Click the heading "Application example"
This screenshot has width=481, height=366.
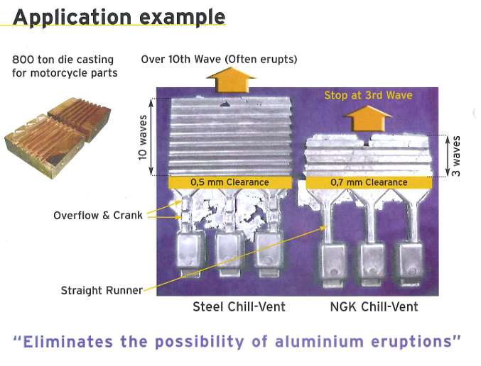click(x=119, y=18)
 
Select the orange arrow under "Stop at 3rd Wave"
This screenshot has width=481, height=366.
click(x=367, y=118)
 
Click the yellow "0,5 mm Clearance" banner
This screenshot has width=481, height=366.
click(x=229, y=182)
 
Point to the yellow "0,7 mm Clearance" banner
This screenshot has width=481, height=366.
click(x=369, y=182)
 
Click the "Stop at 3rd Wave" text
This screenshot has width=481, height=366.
click(x=368, y=95)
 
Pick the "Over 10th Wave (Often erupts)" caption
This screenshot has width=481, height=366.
click(x=219, y=59)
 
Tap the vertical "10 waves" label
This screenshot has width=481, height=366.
click(x=143, y=138)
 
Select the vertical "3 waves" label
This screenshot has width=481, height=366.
click(x=456, y=156)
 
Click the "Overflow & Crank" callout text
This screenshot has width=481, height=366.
click(x=98, y=216)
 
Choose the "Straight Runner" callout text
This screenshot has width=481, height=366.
click(x=102, y=290)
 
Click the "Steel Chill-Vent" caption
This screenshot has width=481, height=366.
click(x=239, y=306)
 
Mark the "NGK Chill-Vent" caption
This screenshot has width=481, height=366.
click(x=374, y=306)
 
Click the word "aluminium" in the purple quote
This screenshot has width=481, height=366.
click(x=319, y=341)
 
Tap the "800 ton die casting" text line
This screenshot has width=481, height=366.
click(x=63, y=59)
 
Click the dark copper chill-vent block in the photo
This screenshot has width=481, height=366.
click(x=79, y=119)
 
